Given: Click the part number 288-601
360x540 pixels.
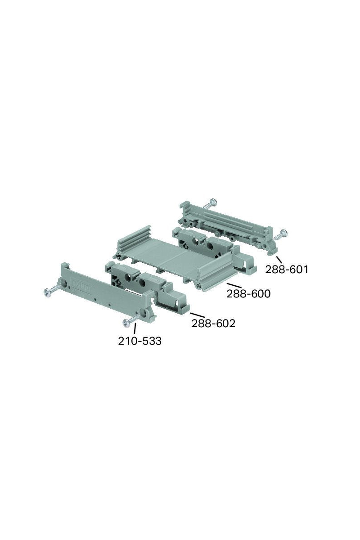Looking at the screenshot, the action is click(287, 270).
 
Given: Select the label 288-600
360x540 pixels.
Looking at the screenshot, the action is click(248, 294).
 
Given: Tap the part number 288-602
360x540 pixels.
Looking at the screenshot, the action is click(213, 324).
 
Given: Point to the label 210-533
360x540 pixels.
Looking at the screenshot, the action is click(139, 341).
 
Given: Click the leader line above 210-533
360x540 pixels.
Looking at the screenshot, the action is click(135, 328).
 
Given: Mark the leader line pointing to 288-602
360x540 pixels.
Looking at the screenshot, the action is click(197, 315).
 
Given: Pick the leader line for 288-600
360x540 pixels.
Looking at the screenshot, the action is click(234, 285).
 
